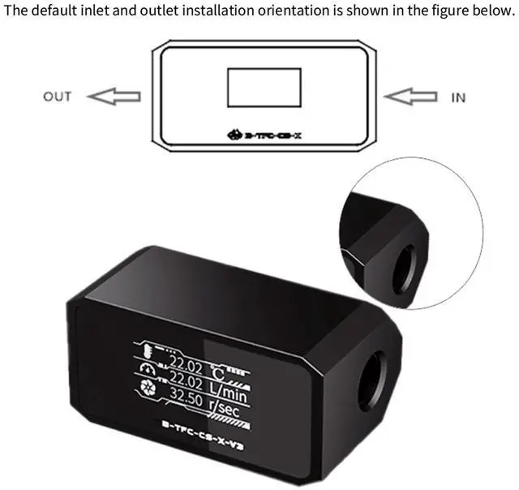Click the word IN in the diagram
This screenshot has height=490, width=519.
(458, 97)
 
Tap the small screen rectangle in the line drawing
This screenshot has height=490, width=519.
(264, 90)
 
